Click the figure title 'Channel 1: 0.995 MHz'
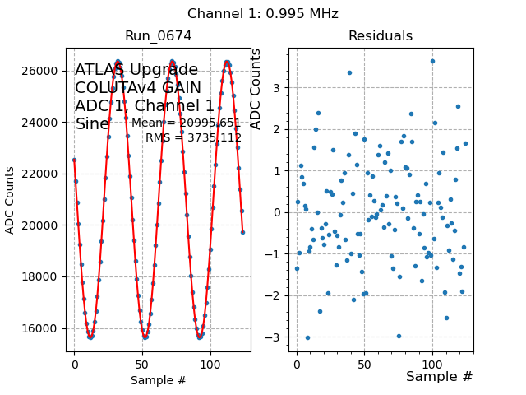click(262, 14)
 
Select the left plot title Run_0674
click(158, 36)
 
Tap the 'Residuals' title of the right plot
click(380, 36)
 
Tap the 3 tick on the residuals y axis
click(279, 88)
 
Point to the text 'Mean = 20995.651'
click(186, 123)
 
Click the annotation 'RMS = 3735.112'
click(193, 137)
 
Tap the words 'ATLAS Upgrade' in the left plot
click(136, 70)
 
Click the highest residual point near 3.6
click(432, 62)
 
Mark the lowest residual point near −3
click(307, 337)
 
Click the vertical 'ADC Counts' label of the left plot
click(10, 200)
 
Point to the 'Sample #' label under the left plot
click(158, 380)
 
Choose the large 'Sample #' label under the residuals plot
click(439, 376)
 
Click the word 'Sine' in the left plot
click(92, 124)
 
